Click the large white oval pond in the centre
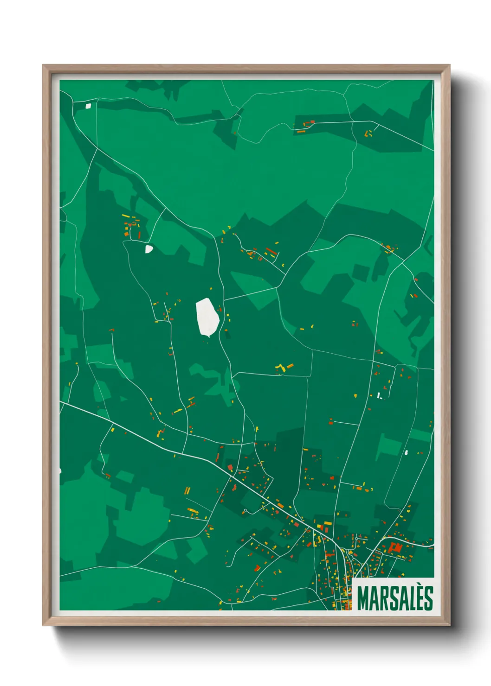coord(207,317)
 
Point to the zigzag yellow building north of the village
coord(280,368)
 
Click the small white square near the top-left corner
coord(88,106)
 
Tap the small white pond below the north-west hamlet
coord(149,249)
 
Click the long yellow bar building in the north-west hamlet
coord(125,216)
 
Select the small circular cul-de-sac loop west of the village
coord(245,510)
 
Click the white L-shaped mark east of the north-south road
coord(379,395)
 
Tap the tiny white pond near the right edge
coord(406,452)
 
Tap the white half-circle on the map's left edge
coord(60,471)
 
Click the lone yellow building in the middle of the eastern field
coord(356,395)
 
